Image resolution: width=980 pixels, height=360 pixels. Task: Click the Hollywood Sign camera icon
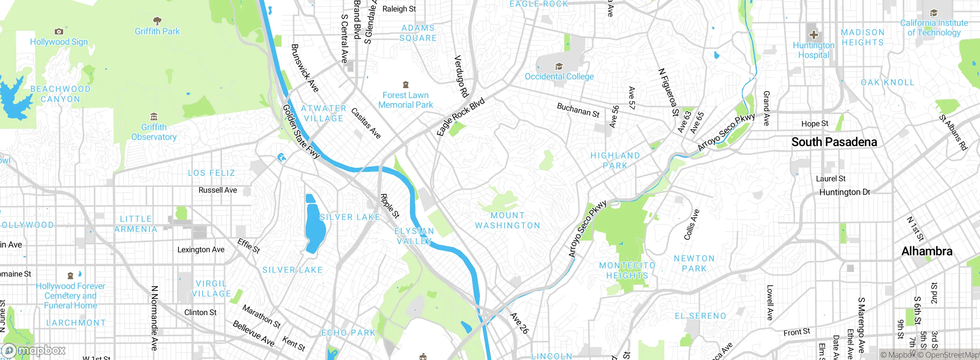59,32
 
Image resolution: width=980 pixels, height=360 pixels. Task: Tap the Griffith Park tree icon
157,21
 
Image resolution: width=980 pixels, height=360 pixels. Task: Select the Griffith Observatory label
154,132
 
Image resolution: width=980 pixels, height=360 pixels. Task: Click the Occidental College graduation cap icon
559,66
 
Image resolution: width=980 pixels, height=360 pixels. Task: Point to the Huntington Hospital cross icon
813,35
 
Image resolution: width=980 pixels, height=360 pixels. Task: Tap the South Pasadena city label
834,142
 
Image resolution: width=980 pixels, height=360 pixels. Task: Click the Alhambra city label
926,251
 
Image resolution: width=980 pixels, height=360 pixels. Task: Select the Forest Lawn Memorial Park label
405,100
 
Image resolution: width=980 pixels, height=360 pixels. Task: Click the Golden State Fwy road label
301,132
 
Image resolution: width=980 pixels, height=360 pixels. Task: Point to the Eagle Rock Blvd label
461,116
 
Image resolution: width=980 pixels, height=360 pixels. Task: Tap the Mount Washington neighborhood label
508,221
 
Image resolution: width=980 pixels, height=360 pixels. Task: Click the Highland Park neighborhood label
615,160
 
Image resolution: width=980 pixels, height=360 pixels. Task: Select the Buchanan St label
578,110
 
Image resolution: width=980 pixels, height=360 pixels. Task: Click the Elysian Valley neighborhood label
414,236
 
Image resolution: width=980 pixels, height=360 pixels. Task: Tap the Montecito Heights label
627,270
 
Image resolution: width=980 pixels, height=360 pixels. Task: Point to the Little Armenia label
136,224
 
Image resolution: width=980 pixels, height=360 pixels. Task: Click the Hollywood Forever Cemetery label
70,296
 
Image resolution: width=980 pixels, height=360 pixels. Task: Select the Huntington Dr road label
844,192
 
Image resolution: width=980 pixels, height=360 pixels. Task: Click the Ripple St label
390,206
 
